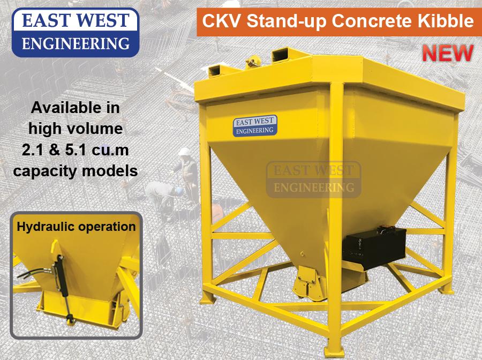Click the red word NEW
pos(448,53)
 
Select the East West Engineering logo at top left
pos(76,32)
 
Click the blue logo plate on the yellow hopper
pos(255,126)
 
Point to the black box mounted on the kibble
pos(374,247)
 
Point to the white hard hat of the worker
pos(185,152)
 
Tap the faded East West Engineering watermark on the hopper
pos(313,179)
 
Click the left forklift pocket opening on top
pos(218,71)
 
